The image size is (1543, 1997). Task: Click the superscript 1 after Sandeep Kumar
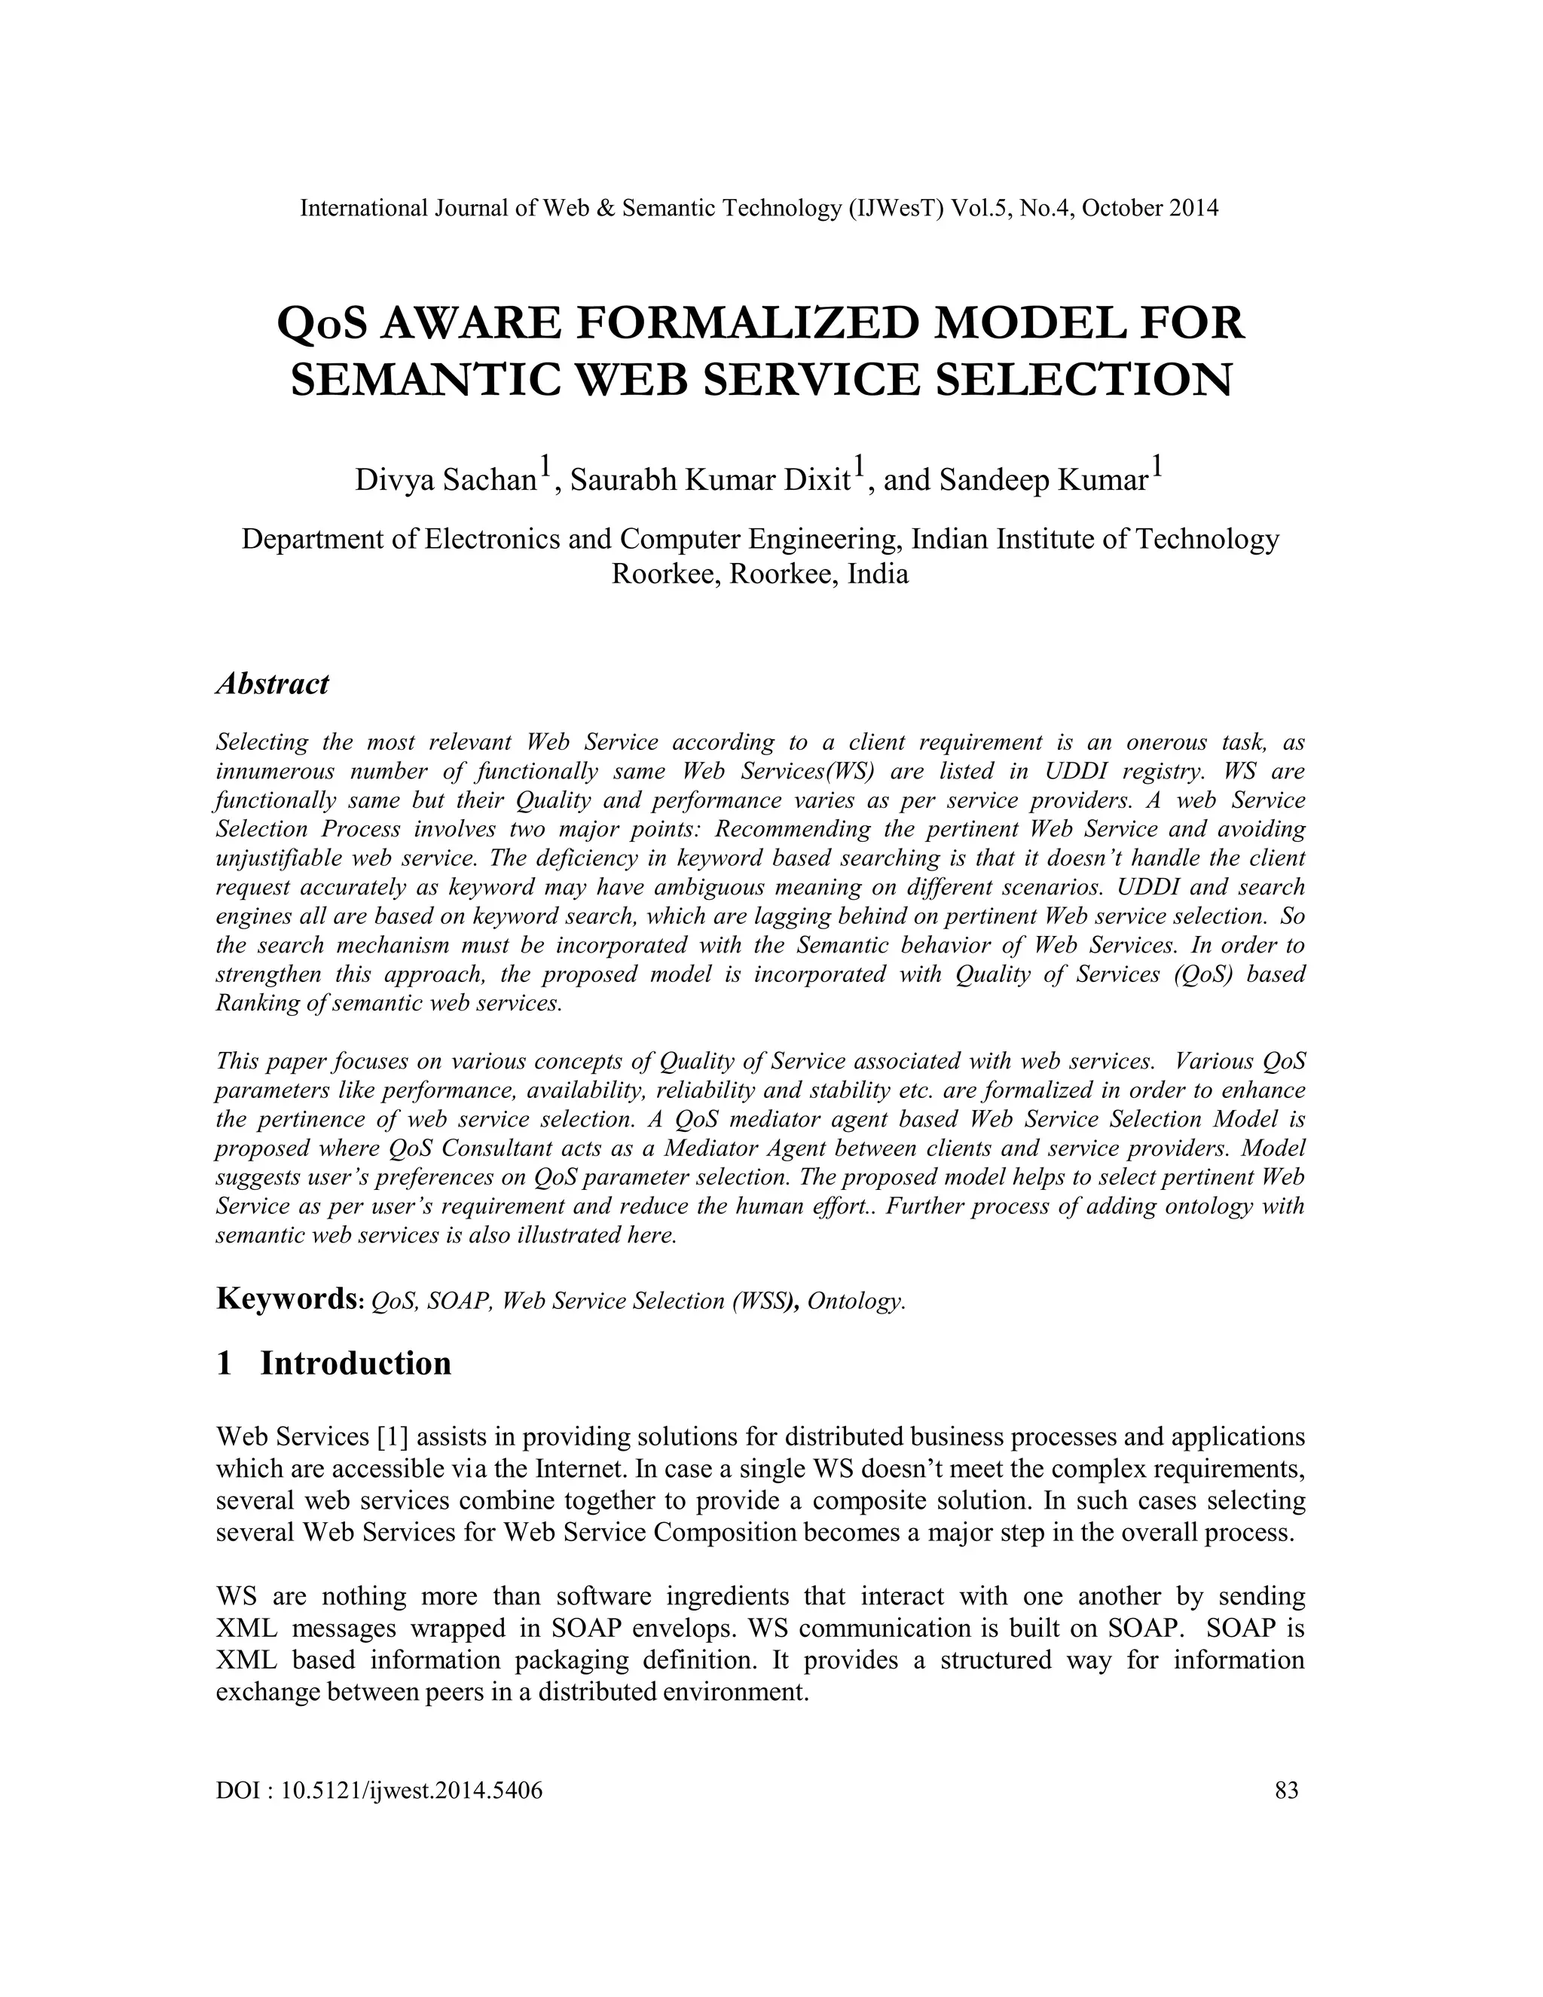[x=1156, y=468]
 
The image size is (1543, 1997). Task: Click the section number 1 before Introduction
[x=224, y=1363]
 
